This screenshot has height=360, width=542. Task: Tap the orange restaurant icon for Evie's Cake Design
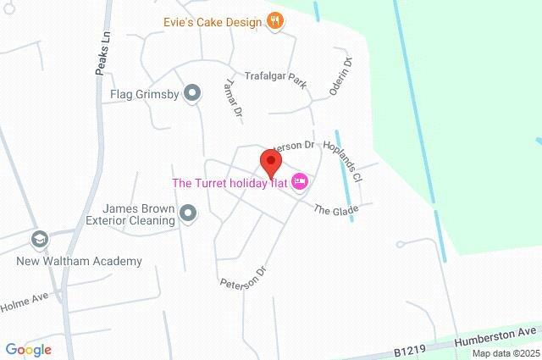[x=274, y=22]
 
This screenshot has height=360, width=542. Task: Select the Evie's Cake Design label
[x=213, y=22]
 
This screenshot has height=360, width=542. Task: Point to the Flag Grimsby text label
[x=144, y=94]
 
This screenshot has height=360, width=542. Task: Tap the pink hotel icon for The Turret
[x=299, y=182]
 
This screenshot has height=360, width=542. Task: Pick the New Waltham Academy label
[x=80, y=261]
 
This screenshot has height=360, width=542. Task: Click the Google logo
[x=28, y=350]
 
